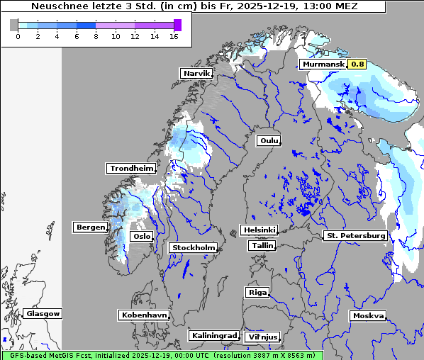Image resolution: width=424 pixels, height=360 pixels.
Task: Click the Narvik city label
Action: (196, 74)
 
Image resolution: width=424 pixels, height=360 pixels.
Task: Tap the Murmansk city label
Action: (323, 64)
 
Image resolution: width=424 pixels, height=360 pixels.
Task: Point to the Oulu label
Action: (269, 141)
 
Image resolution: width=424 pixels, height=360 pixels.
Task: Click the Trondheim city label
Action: (131, 169)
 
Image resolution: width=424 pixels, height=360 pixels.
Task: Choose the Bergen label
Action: (89, 227)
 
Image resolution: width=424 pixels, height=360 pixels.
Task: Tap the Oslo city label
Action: (141, 237)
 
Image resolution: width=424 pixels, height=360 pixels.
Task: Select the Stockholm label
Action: (193, 248)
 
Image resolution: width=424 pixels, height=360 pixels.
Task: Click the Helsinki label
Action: (259, 230)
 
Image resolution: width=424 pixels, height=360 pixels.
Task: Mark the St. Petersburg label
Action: (355, 235)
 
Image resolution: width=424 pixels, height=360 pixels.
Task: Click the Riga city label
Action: (257, 293)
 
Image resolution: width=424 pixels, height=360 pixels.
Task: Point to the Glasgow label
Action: (43, 314)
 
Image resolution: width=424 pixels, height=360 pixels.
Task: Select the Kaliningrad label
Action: (213, 336)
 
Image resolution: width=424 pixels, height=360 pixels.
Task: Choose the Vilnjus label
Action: (262, 337)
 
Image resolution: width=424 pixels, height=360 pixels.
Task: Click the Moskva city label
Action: (368, 316)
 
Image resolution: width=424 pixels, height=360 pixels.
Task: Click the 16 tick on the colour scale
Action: (174, 36)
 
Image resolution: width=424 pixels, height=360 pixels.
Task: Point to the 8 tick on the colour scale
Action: (96, 36)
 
